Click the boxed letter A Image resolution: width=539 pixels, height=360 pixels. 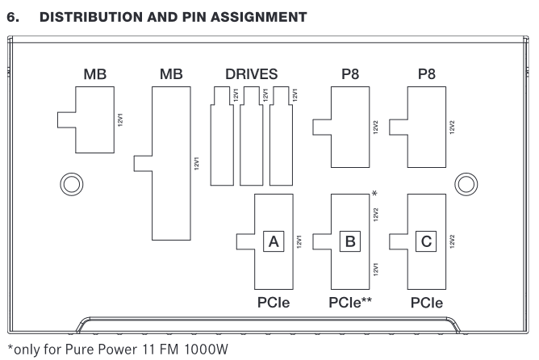tap(274, 241)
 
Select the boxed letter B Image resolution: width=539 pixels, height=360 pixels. tap(350, 241)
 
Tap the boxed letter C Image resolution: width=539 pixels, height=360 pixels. tap(427, 241)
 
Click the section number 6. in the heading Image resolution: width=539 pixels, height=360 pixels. tap(13, 15)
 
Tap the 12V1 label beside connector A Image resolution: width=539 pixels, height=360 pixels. tap(299, 241)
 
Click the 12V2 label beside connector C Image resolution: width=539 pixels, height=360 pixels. tap(453, 241)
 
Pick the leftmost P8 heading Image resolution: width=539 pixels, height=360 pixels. tap(350, 74)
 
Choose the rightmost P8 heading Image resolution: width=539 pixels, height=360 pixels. tap(427, 74)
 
